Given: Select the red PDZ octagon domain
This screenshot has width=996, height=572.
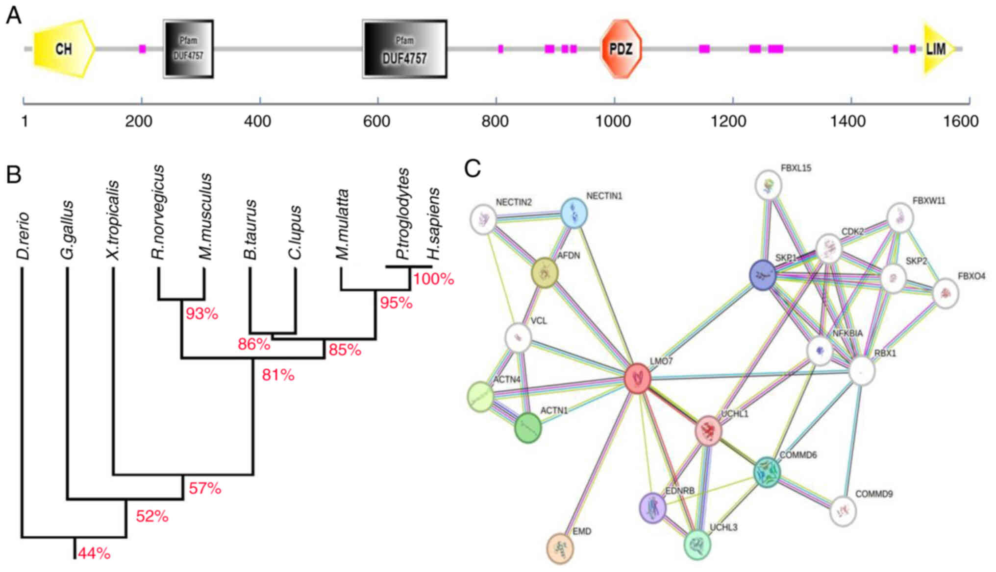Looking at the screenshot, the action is (621, 48).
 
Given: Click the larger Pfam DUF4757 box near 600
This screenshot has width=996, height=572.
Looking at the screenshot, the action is (405, 49).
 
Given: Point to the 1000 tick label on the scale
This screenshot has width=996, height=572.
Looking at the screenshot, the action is (613, 121).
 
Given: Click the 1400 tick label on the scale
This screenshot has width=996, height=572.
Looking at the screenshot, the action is (850, 121).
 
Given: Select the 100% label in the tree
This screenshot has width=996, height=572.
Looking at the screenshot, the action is (433, 279).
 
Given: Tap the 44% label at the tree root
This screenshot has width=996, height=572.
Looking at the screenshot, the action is (94, 553).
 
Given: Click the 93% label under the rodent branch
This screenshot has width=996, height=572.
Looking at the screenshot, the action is (202, 313).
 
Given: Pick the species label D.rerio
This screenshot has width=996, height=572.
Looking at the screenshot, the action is (23, 236).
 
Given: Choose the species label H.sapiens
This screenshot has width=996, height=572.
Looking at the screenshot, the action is (433, 224).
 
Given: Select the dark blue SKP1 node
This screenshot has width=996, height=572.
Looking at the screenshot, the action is (763, 275).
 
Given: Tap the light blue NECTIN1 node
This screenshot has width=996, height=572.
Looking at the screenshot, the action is (573, 213).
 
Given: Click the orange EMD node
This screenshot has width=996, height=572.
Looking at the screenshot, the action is (560, 548).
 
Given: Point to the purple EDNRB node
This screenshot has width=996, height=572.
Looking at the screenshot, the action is (653, 508).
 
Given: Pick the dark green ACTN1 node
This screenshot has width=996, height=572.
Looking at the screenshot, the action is (528, 428).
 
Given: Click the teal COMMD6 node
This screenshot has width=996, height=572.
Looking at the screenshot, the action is (767, 472).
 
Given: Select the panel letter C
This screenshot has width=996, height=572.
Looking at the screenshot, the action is (473, 168).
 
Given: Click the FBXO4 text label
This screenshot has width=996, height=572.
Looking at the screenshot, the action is (971, 276).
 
